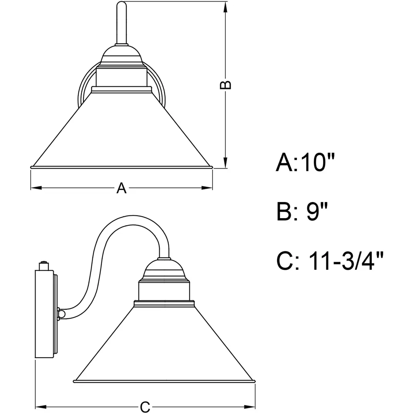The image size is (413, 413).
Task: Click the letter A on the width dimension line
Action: tap(121, 188)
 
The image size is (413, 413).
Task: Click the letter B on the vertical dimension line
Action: tap(225, 85)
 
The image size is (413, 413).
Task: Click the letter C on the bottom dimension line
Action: tap(145, 407)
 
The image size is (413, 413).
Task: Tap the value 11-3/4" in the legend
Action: tap(346, 261)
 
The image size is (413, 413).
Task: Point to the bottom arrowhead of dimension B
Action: tap(225, 162)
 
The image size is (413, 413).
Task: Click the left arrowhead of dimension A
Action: tap(36, 188)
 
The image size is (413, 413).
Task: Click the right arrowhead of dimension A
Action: tap(207, 188)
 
